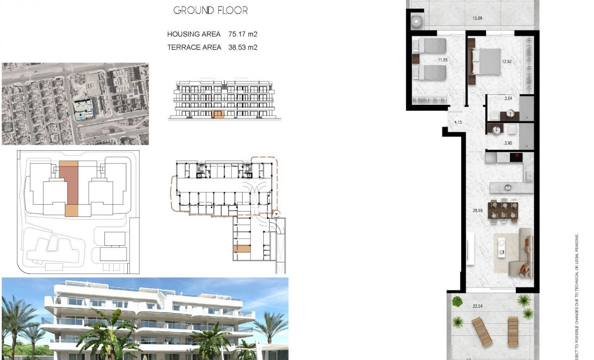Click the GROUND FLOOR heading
click(x=210, y=10)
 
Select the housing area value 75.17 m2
click(x=243, y=34)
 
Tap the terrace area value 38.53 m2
click(x=243, y=47)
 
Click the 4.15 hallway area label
click(x=458, y=121)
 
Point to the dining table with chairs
click(x=504, y=211)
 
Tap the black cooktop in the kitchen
click(x=516, y=157)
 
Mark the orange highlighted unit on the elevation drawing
click(x=218, y=114)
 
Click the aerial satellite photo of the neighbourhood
click(x=75, y=103)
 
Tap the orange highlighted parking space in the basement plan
click(x=242, y=249)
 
